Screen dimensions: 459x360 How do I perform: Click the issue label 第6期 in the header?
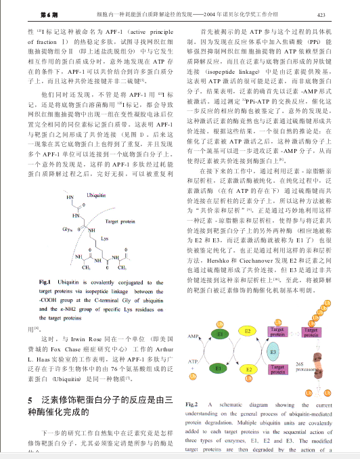pos(31,14)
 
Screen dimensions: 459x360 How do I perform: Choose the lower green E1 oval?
pos(219,370)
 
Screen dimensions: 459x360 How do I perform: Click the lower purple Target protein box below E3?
pos(278,370)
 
